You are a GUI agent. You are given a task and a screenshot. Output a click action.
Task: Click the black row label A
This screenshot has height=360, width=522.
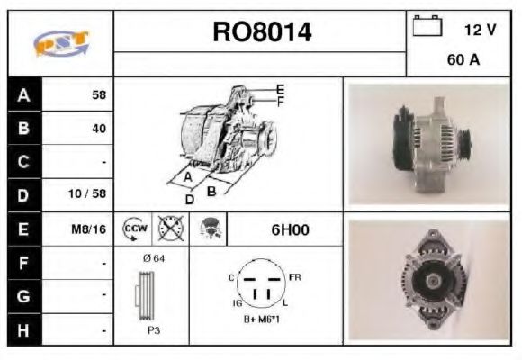[x=23, y=94]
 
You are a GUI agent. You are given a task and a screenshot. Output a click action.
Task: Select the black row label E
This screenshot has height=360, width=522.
[x=23, y=229]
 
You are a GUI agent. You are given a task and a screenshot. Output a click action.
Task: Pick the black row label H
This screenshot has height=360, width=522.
[x=23, y=330]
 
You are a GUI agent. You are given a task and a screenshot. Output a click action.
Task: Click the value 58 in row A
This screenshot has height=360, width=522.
[x=99, y=94]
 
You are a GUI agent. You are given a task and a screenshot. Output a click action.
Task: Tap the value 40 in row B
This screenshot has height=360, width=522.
[x=98, y=128]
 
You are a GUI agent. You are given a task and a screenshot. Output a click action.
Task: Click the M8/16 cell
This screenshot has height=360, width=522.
[x=89, y=229]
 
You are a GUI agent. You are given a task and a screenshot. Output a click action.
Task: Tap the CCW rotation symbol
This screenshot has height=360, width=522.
[x=133, y=229]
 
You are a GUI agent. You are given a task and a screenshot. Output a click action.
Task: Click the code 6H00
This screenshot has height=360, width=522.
[x=290, y=229]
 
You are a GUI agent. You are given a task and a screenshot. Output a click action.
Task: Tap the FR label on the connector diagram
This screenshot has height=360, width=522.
[x=294, y=276]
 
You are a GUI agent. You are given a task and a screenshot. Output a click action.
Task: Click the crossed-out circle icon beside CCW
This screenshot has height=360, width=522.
[x=167, y=229]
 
